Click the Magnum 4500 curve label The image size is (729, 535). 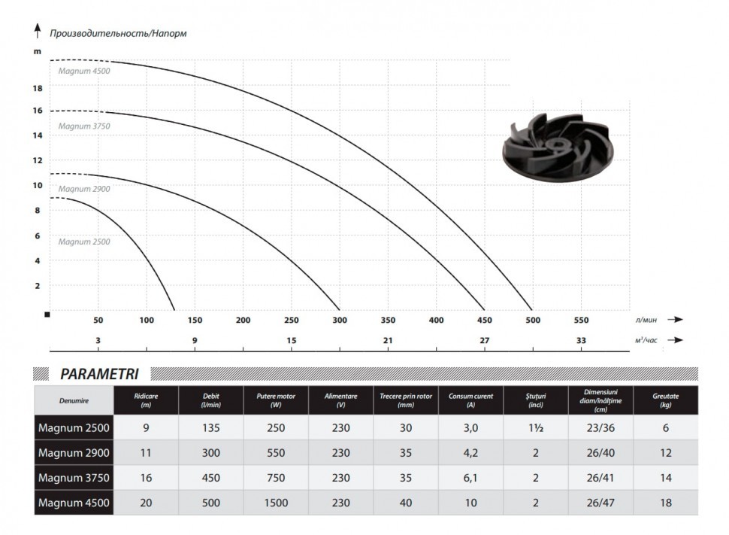coord(84,71)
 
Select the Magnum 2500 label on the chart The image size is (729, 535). coord(84,242)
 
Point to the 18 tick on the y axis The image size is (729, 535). coord(38,88)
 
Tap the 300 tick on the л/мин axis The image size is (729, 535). coord(340,320)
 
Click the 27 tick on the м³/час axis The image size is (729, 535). coord(485,340)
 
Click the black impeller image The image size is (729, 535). coord(558,147)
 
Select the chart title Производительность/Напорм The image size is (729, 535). coord(118,34)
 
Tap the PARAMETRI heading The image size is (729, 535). coord(99,374)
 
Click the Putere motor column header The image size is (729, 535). coord(276,400)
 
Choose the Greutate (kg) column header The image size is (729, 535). coord(665,400)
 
